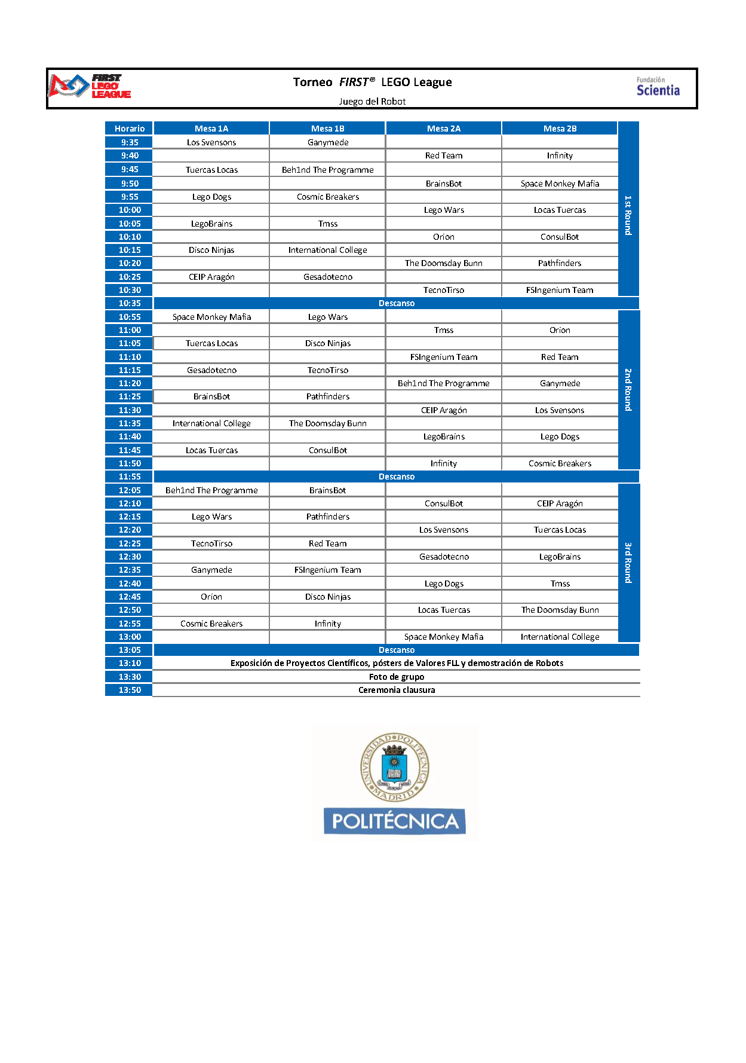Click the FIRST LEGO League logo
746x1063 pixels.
[90, 85]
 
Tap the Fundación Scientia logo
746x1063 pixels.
[658, 87]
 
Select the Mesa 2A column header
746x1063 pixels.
[443, 129]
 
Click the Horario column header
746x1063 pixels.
[130, 129]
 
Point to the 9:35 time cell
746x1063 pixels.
[130, 142]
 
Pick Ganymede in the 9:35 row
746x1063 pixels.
[328, 142]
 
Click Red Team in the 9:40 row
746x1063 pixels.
[443, 155]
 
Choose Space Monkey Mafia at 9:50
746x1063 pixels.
[560, 184]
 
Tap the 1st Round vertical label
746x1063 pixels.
[628, 215]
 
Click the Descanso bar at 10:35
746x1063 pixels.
[397, 303]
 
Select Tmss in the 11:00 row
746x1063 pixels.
[443, 330]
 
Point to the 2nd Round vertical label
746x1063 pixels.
[628, 390]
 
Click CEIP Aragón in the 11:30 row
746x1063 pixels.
[443, 410]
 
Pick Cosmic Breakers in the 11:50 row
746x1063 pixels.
[560, 463]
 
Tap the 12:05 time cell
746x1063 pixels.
[130, 490]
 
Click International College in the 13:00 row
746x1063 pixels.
[560, 637]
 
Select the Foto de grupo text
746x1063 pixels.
[397, 677]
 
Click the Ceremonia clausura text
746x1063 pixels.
[397, 690]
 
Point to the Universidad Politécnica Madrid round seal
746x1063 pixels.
[394, 767]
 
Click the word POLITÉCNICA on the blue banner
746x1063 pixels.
[395, 821]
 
